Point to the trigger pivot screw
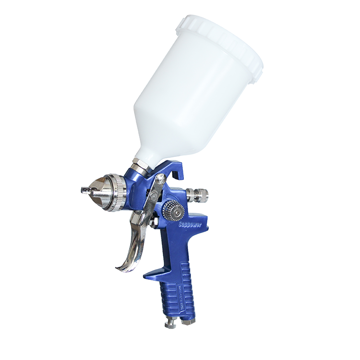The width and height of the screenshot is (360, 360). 157,180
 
